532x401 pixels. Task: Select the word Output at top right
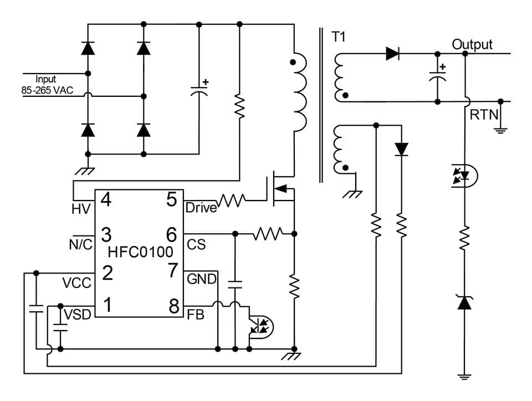point(472,44)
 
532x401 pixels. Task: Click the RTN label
point(484,115)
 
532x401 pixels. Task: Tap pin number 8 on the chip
point(172,306)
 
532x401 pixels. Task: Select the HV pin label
point(81,209)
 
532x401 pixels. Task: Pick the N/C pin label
point(80,244)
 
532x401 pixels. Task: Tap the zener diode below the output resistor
point(464,302)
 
